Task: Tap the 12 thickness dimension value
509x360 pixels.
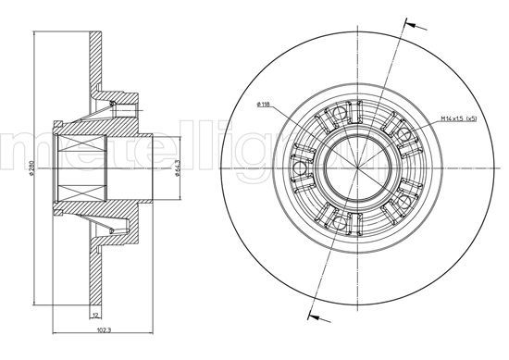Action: tap(94, 317)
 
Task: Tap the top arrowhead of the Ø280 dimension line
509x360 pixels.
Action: tap(33, 35)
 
